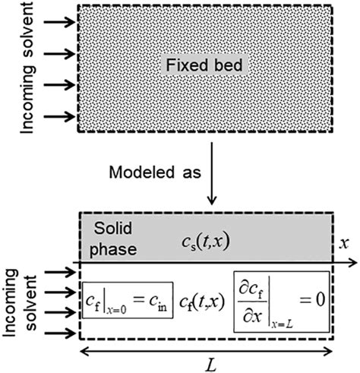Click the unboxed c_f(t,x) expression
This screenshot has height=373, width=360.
pos(203,298)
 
